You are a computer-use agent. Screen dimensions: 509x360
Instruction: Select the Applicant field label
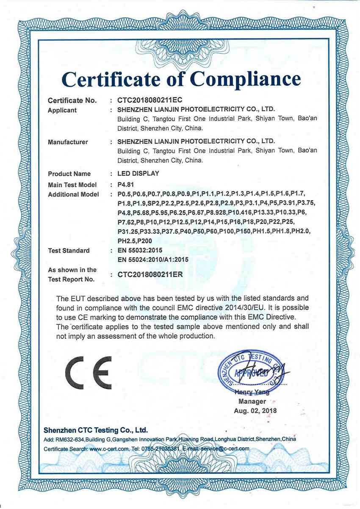click(62, 111)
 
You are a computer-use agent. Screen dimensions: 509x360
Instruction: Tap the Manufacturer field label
click(68, 142)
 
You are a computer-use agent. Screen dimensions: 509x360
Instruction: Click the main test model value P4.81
click(127, 185)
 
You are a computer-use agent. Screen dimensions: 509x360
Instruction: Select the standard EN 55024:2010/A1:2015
click(152, 259)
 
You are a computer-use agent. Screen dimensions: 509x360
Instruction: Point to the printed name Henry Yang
click(252, 393)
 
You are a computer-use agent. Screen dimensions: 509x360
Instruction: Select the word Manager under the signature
click(252, 401)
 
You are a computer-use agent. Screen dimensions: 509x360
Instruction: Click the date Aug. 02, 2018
click(255, 410)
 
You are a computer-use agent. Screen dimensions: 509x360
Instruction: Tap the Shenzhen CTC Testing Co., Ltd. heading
click(96, 430)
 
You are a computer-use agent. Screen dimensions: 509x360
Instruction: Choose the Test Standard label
click(69, 251)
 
